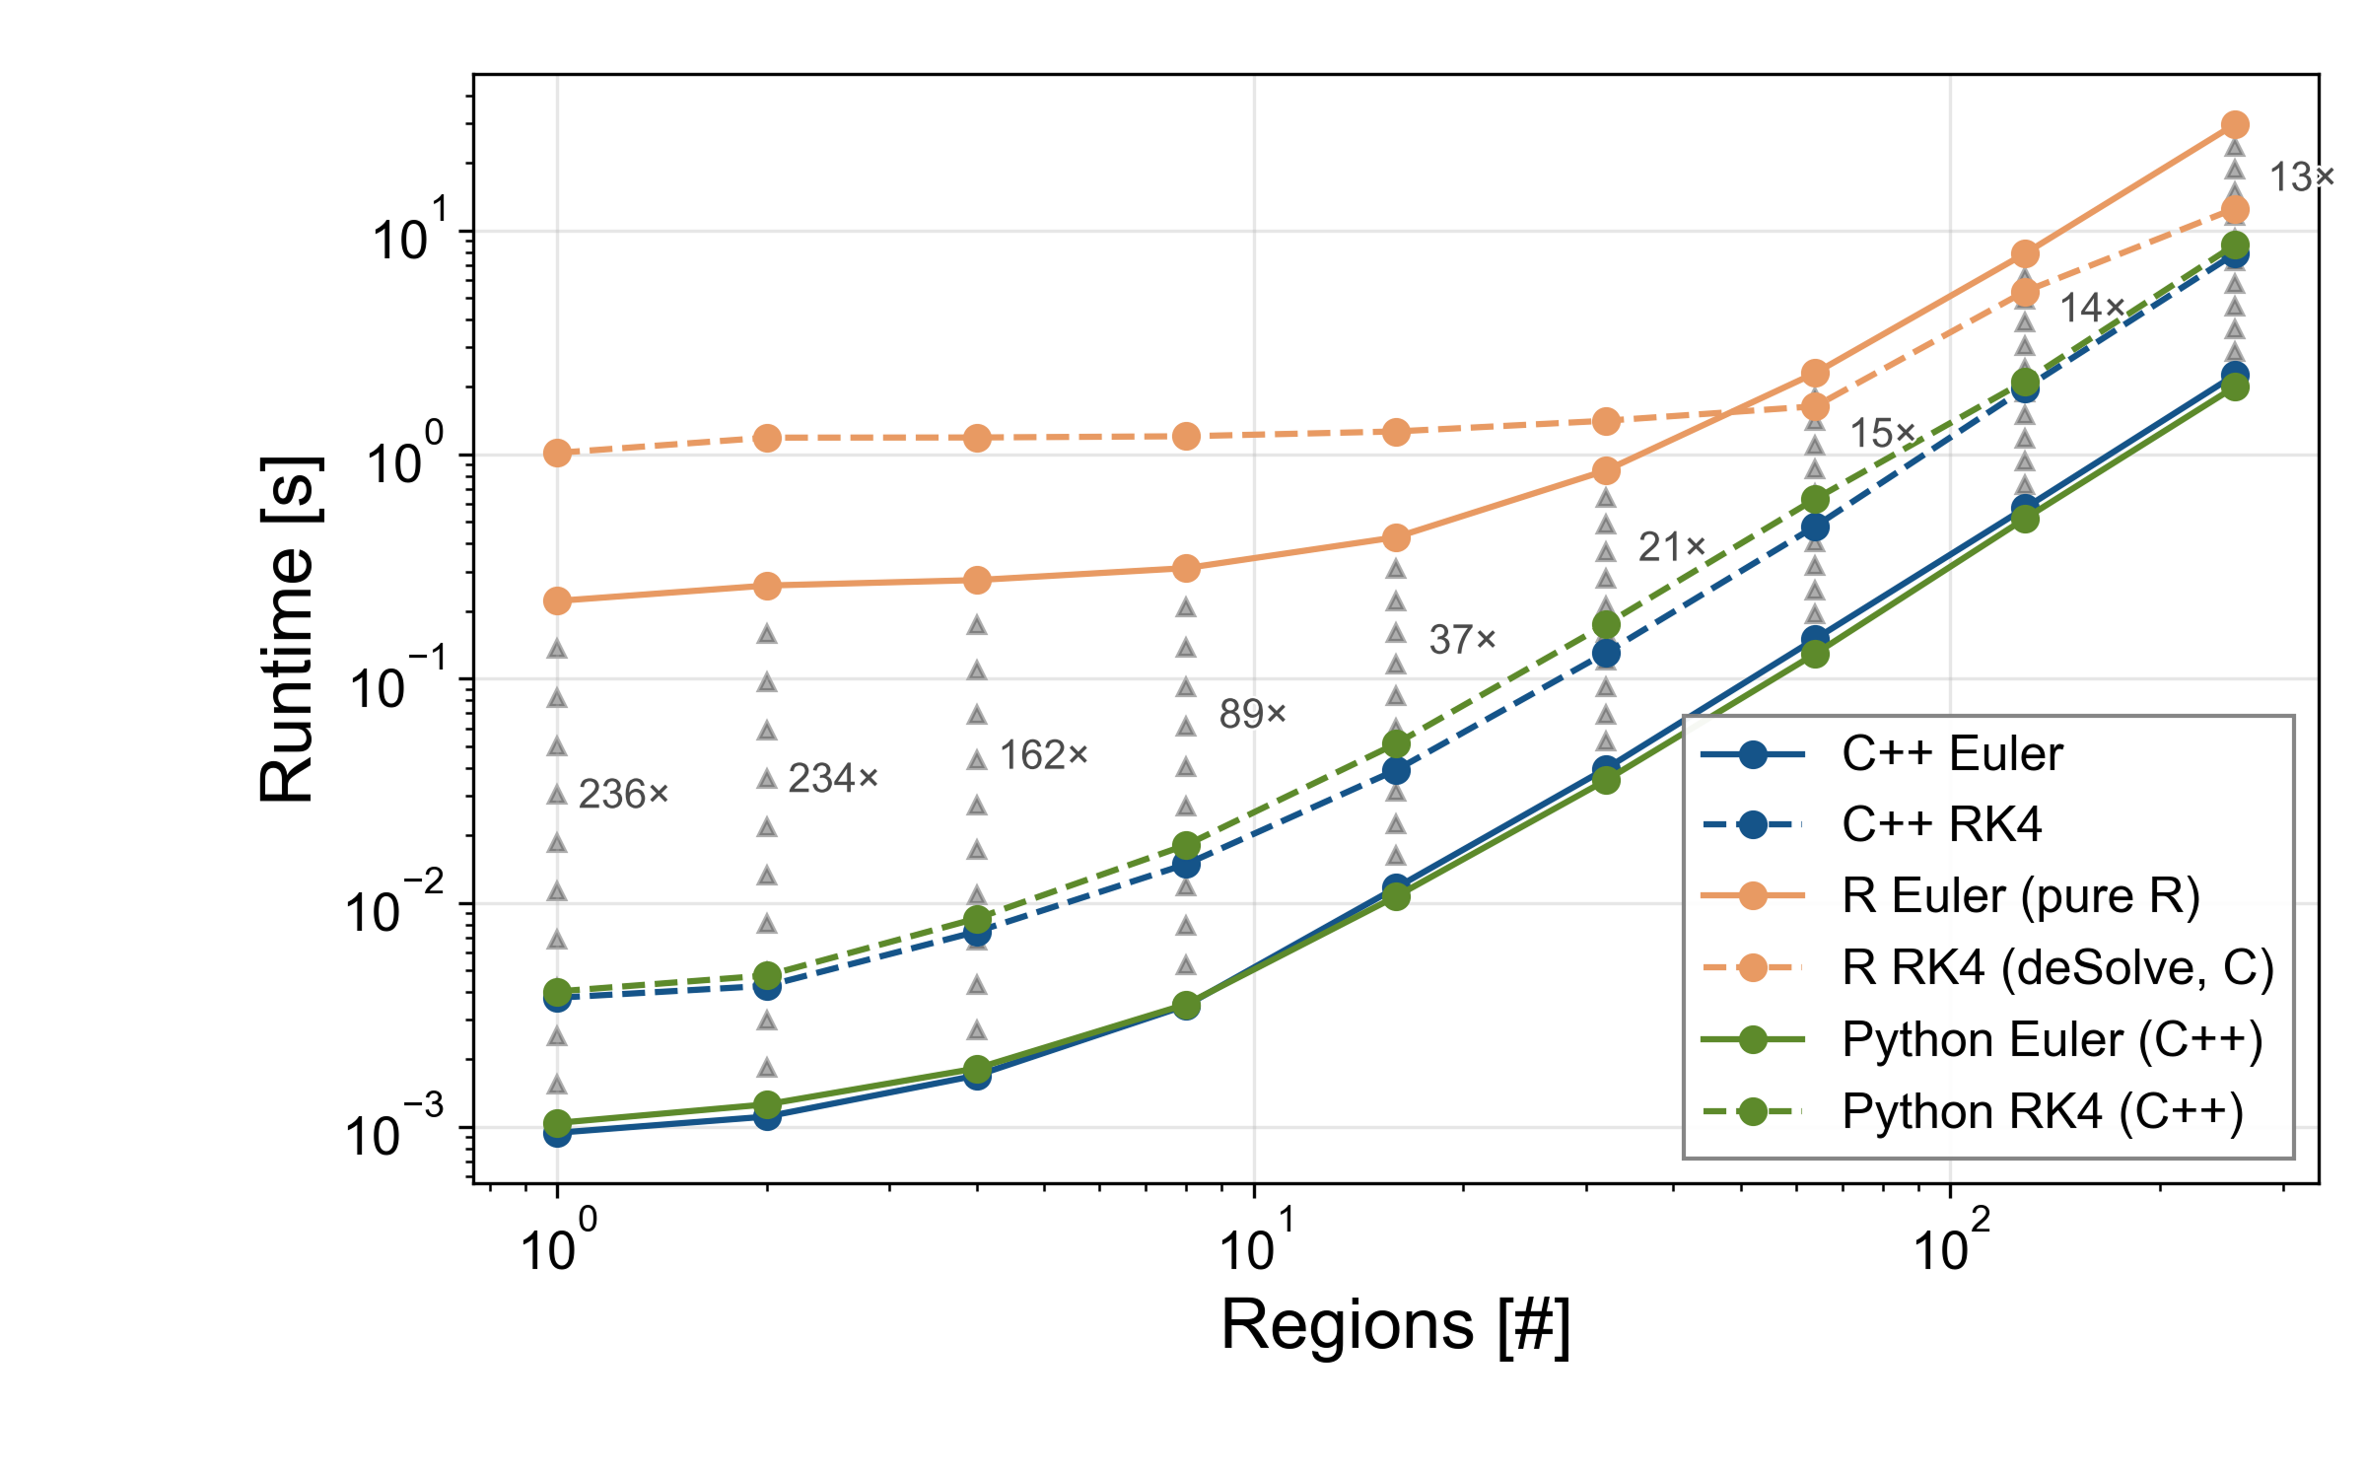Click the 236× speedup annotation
click(x=623, y=795)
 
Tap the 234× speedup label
click(x=833, y=779)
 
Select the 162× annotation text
click(x=1044, y=756)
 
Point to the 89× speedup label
click(x=1252, y=714)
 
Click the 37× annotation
click(x=1462, y=640)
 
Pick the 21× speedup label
click(x=1671, y=547)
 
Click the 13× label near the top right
click(x=2301, y=177)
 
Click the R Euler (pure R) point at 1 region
click(x=558, y=600)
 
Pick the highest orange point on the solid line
click(x=2235, y=125)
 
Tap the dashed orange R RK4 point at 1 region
click(x=558, y=454)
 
